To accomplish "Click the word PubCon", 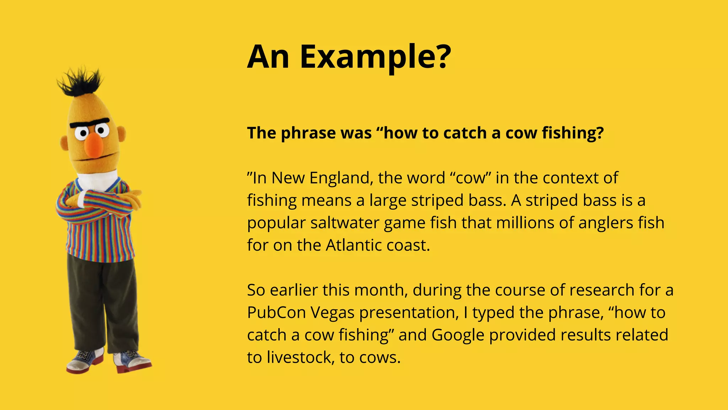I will [276, 313].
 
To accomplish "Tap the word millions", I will [523, 223].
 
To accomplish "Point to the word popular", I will [276, 223].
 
